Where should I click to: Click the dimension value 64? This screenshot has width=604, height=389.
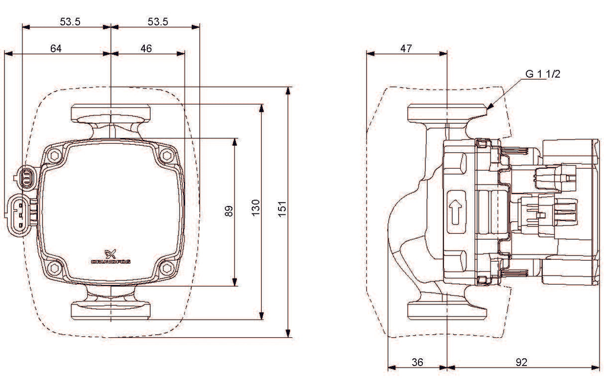pyautogui.click(x=56, y=48)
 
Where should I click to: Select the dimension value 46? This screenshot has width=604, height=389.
pyautogui.click(x=146, y=48)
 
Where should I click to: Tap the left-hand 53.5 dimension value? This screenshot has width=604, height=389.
pyautogui.click(x=70, y=21)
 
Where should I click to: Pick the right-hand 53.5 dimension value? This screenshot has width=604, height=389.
pyautogui.click(x=158, y=21)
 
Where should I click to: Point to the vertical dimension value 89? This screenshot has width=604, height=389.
pyautogui.click(x=228, y=211)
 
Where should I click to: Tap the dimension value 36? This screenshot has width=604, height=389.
pyautogui.click(x=417, y=362)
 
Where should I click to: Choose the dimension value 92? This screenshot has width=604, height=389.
pyautogui.click(x=521, y=362)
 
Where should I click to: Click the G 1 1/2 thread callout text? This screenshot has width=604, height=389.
pyautogui.click(x=543, y=74)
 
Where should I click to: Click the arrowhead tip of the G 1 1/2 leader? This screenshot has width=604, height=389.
pyautogui.click(x=489, y=108)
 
